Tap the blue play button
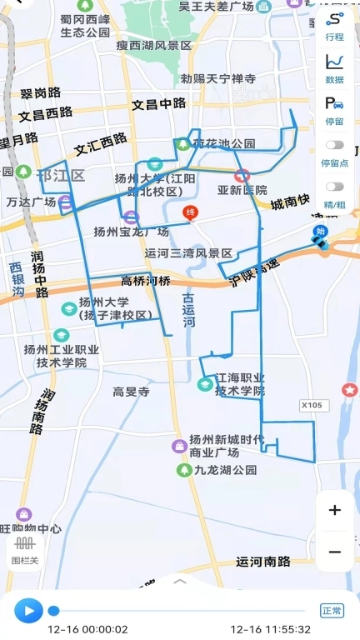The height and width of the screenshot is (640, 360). (28, 611)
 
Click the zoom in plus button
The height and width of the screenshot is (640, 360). (334, 511)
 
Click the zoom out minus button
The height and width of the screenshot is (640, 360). (334, 552)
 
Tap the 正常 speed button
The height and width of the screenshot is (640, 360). (332, 611)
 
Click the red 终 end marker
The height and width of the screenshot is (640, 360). (190, 213)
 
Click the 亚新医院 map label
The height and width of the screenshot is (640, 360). (242, 190)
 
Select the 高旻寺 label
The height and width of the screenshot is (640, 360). (131, 391)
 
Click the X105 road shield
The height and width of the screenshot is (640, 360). (311, 405)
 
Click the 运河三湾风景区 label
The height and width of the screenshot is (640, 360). (188, 253)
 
